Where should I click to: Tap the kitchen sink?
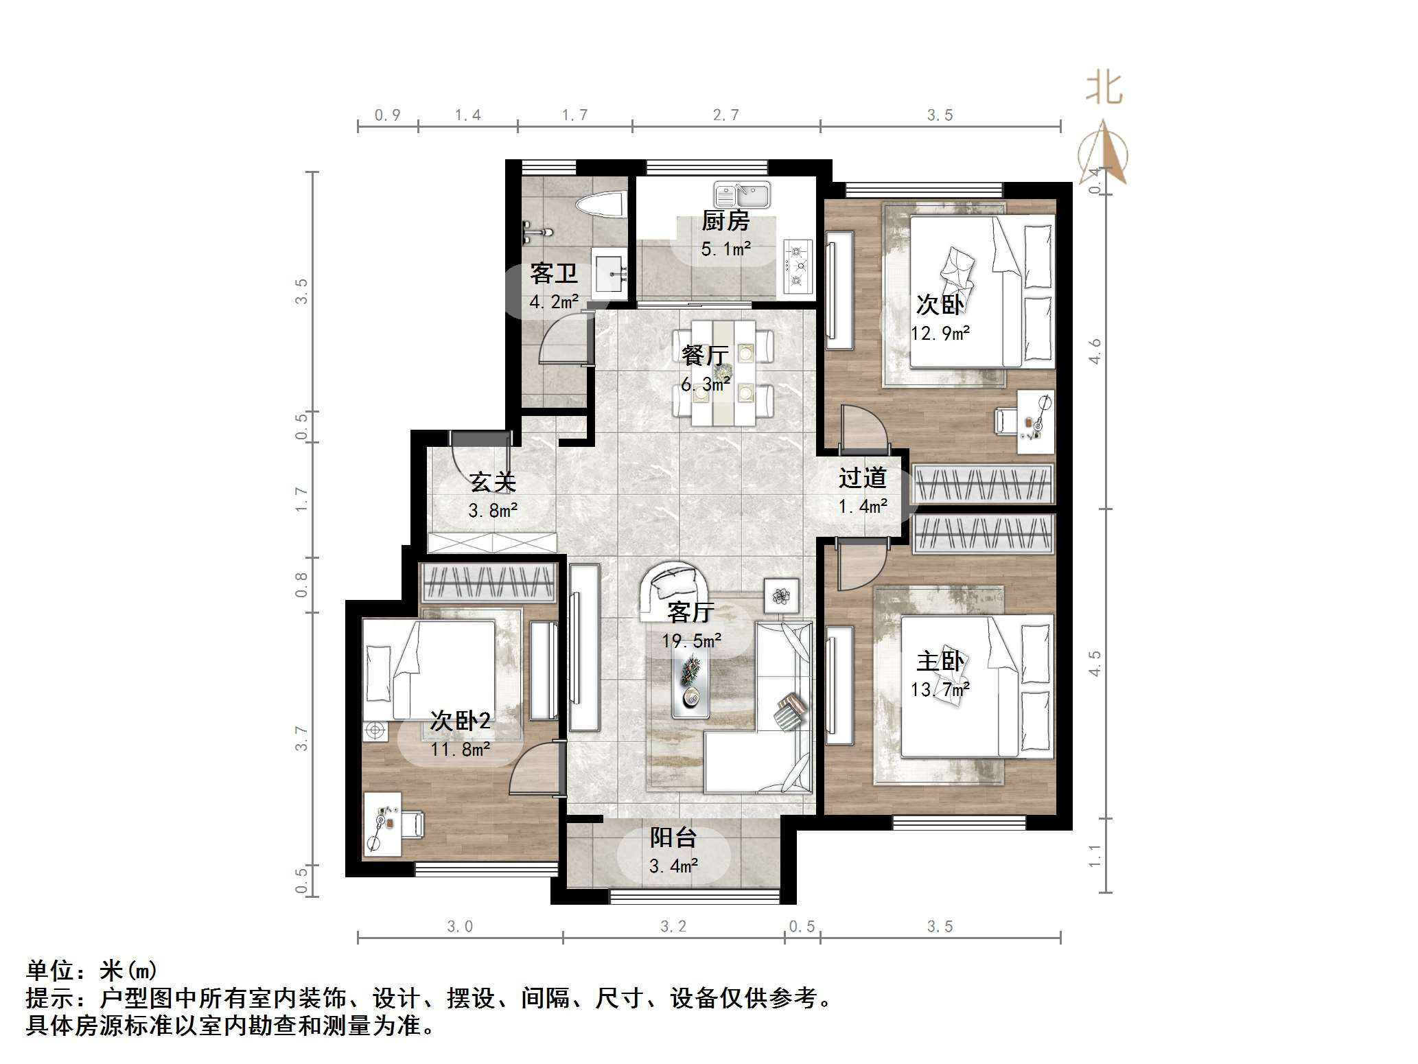[x=741, y=195]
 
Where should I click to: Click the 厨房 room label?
[x=725, y=221]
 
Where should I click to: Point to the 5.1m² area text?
[x=725, y=248]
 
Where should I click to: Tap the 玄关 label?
[x=493, y=483]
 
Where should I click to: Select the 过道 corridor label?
[x=862, y=478]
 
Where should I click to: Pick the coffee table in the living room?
[x=690, y=684]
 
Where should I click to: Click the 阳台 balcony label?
[x=673, y=837]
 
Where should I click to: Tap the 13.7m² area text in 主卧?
[x=940, y=689]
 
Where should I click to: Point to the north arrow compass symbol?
[x=1103, y=154]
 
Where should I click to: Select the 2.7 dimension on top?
[x=725, y=115]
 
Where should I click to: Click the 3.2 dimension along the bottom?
[x=673, y=927]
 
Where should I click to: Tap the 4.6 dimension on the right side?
[x=1095, y=351]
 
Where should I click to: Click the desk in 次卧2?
[x=383, y=824]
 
